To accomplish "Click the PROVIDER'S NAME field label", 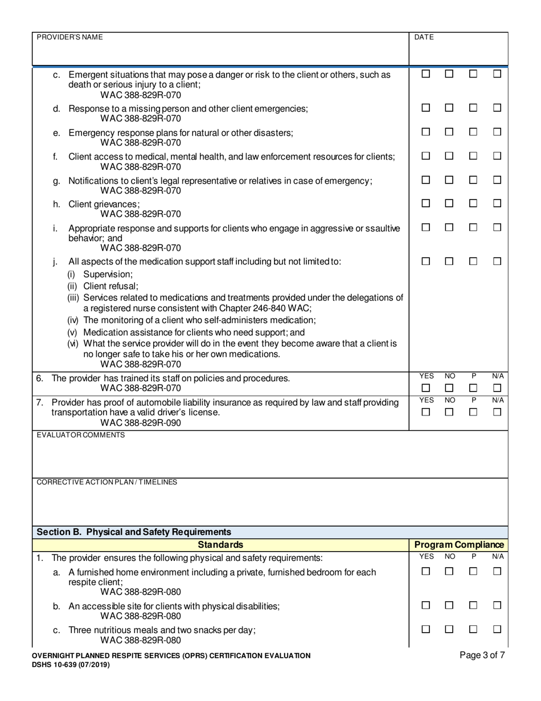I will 69,37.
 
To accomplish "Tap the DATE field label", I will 424,37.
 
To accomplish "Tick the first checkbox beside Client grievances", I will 426,203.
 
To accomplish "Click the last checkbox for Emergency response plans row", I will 497,132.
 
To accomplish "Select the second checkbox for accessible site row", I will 449,606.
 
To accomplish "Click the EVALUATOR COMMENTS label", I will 72,435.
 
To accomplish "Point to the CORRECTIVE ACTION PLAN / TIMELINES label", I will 106,482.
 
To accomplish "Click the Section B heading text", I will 126,532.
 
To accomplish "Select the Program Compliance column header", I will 459,545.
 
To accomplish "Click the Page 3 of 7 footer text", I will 482,655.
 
